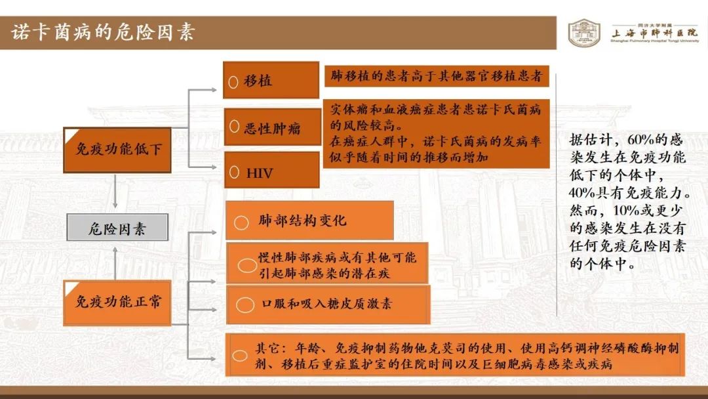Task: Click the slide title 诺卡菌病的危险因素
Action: [x=103, y=32]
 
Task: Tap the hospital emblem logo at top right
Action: [x=584, y=33]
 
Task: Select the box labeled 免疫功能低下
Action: [x=117, y=150]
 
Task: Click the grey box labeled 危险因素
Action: [x=117, y=227]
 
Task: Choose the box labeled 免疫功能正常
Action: [x=117, y=303]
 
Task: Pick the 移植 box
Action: [x=271, y=80]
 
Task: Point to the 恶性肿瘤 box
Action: [x=272, y=127]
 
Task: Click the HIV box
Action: [x=272, y=170]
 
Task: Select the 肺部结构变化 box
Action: [x=309, y=220]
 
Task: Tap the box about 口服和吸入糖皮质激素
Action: [x=328, y=304]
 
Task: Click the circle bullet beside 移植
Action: [x=233, y=82]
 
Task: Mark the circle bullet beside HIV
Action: [x=234, y=172]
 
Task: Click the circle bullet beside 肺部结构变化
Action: [x=241, y=222]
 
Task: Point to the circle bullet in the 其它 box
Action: [x=240, y=356]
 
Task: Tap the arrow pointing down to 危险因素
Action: [x=115, y=191]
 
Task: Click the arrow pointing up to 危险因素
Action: [x=115, y=263]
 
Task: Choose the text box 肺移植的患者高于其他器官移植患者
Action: [x=437, y=75]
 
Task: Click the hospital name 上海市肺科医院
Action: [x=654, y=33]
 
